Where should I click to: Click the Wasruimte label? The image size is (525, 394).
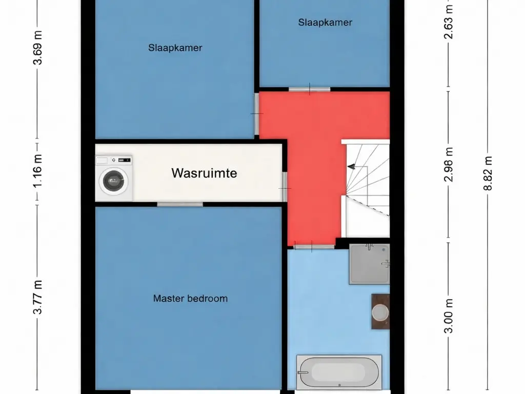point(204,173)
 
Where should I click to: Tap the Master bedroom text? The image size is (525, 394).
point(190,298)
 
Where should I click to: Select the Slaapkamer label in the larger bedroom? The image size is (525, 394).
point(175,48)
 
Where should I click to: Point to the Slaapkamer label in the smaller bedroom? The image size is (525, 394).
point(325,22)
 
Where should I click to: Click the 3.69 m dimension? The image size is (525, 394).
point(37,49)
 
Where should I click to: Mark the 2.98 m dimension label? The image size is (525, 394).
point(449,165)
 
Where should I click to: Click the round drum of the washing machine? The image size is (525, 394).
point(113,181)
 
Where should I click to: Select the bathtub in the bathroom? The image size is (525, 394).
point(339,372)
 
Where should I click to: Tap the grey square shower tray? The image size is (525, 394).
point(369,264)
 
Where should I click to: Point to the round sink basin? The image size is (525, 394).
point(380,312)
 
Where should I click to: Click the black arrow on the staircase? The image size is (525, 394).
point(351,166)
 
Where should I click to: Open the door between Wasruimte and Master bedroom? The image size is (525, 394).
point(180,204)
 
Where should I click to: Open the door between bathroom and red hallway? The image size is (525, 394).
point(314,247)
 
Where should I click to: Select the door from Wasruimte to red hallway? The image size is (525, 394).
point(284,187)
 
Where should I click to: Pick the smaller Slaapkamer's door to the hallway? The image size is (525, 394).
point(309,90)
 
